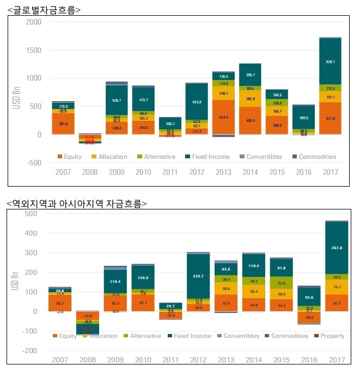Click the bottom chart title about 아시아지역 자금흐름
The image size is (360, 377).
77,203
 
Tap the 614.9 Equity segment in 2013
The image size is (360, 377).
224,117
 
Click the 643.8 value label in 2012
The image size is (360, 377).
196,102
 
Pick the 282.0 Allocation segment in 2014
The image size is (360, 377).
250,99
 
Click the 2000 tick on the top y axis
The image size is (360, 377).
33,22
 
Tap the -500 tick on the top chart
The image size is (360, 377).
33,163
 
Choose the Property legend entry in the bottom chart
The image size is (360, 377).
331,336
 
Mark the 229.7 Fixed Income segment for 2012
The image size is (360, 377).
196,276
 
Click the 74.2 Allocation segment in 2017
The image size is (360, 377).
331,287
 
